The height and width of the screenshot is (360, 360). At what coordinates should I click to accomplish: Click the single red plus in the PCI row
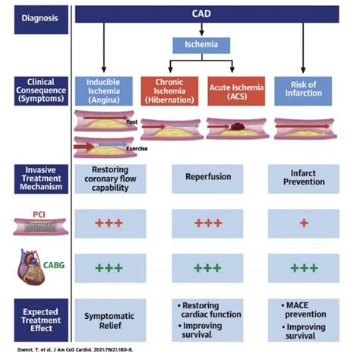pos(304,223)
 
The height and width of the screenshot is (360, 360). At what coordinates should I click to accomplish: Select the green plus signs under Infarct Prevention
pos(304,268)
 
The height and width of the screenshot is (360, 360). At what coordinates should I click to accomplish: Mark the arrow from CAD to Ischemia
pos(201,30)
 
